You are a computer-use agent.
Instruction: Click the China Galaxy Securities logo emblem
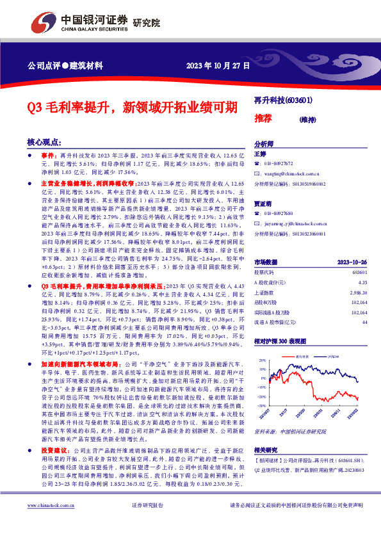44,22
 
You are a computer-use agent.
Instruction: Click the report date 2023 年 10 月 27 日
218,65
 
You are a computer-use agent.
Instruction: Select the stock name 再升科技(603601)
282,101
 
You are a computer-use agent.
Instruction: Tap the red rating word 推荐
263,118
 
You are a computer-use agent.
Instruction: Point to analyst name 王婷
259,154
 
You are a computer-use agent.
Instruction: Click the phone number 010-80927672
281,164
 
